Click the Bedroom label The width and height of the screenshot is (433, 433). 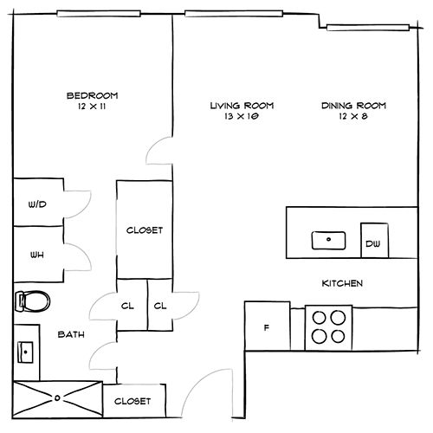(x=93, y=95)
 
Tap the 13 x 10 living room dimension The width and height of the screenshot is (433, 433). (x=242, y=116)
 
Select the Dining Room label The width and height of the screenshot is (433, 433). (x=353, y=106)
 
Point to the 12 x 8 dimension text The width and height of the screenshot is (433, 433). (x=353, y=116)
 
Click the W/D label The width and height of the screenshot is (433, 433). (x=37, y=204)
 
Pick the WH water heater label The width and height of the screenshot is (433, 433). (x=37, y=255)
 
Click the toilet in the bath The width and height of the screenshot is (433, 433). (x=32, y=301)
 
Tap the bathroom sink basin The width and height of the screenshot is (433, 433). (x=25, y=352)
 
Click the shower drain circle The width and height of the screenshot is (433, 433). (x=57, y=398)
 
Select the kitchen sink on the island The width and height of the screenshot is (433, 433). (x=328, y=240)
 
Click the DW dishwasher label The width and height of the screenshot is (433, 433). (x=373, y=244)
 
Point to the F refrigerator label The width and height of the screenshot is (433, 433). (x=267, y=327)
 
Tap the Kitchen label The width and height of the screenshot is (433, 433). (x=342, y=283)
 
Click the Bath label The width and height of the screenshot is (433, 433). (x=71, y=334)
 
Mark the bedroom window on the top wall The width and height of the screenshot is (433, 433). (x=99, y=14)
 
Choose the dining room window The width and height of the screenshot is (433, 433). (x=368, y=28)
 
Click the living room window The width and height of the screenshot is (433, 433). (x=234, y=14)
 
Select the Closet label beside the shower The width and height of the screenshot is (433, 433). (x=132, y=401)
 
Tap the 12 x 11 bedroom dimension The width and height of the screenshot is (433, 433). (x=92, y=107)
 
